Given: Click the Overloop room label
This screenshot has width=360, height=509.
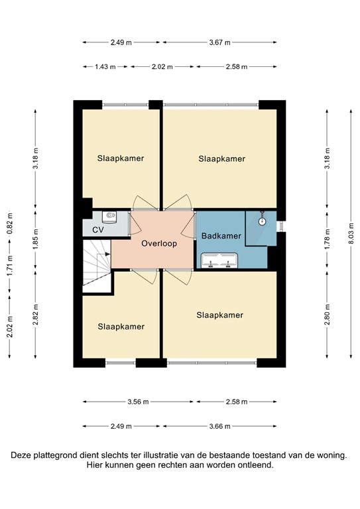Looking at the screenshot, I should coord(159,243).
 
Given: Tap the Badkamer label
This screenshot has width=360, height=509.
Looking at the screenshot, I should coord(220,236).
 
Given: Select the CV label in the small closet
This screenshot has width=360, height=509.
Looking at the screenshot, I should coord(97,230).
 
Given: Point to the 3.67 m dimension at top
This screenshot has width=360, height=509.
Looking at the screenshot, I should coord(219,42).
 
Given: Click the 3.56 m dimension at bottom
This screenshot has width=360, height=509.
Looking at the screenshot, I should coord(137,402).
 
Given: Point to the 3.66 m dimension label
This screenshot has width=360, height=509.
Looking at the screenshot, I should coord(219,426).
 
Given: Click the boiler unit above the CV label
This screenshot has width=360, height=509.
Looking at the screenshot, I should coord(111,216).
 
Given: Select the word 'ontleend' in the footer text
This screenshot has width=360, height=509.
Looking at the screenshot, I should coord(255,465).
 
